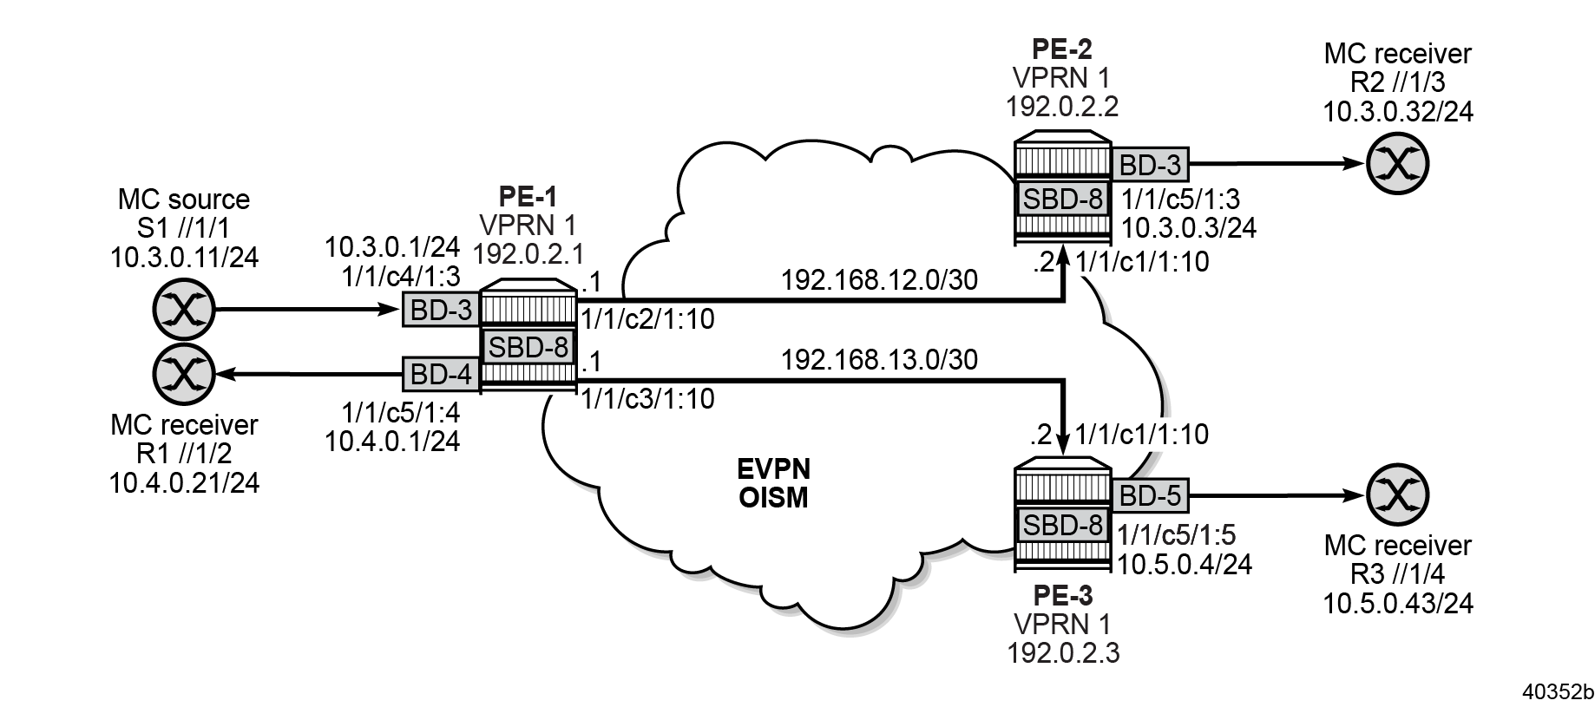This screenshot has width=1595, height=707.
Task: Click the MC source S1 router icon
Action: [x=183, y=310]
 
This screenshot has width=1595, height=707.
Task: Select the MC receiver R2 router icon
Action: [x=1397, y=163]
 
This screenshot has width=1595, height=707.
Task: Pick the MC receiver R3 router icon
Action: [x=1397, y=496]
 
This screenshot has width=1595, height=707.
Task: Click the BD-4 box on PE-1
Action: [x=441, y=375]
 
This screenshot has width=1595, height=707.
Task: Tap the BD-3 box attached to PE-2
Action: [x=1150, y=164]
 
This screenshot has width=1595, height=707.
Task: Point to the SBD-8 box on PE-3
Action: [x=1063, y=525]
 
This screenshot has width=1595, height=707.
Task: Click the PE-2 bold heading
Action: [x=1062, y=49]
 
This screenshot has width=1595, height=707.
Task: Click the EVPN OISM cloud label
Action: [x=773, y=484]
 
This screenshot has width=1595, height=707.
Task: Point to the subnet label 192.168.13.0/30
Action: [x=879, y=359]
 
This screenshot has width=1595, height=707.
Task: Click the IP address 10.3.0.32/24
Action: [x=1397, y=111]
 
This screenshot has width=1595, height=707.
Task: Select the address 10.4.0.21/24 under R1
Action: [x=184, y=482]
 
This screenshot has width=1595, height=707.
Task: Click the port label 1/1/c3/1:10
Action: [x=647, y=399]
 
